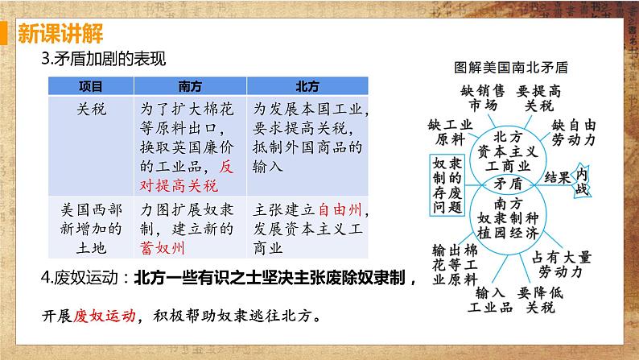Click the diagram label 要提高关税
tap(535, 97)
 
